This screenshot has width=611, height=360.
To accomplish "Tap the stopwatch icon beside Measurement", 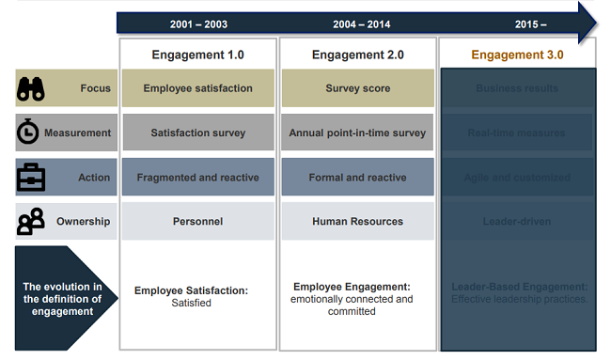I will click(29, 133).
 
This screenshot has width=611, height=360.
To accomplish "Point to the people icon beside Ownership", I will click(30, 222).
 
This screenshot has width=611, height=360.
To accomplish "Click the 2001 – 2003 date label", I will click(197, 23).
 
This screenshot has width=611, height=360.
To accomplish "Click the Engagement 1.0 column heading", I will click(197, 55).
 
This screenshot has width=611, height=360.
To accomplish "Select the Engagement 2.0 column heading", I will click(358, 55).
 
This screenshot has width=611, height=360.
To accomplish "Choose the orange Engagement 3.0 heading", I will click(517, 55).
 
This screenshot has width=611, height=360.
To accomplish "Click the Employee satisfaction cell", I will click(197, 88).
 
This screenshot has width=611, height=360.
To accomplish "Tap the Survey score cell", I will click(358, 88).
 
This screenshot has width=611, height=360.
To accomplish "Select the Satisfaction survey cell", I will click(197, 133).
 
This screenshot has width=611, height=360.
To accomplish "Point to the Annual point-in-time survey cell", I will click(358, 133).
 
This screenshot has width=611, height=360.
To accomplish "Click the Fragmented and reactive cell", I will click(197, 177).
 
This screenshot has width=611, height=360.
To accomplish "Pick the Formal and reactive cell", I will click(358, 177).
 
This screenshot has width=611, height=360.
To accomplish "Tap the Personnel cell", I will click(197, 222).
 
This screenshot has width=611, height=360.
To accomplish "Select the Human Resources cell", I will click(358, 222).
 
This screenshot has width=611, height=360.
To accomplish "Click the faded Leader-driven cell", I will click(517, 222).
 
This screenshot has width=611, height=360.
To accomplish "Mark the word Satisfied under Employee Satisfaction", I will click(192, 304).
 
